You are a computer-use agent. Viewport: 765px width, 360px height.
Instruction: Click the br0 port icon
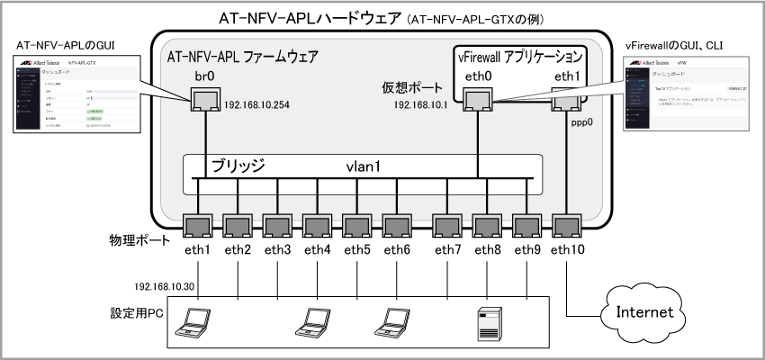click(x=206, y=99)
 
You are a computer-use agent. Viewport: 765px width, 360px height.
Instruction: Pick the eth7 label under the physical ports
click(x=448, y=249)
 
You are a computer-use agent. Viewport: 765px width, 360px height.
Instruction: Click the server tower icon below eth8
click(x=489, y=321)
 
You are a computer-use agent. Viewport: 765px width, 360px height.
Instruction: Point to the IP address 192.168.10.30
click(x=170, y=286)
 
